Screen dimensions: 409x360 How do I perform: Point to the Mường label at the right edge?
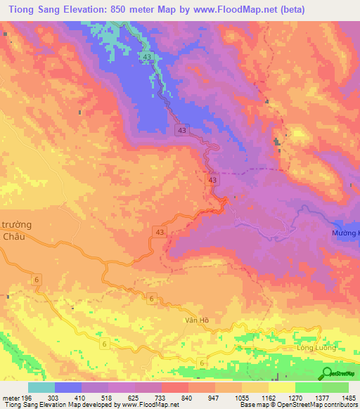point(345,232)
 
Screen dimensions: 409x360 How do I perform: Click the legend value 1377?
point(323,397)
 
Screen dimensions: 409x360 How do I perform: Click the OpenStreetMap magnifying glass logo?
point(328,372)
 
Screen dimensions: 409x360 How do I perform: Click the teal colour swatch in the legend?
point(41,387)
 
